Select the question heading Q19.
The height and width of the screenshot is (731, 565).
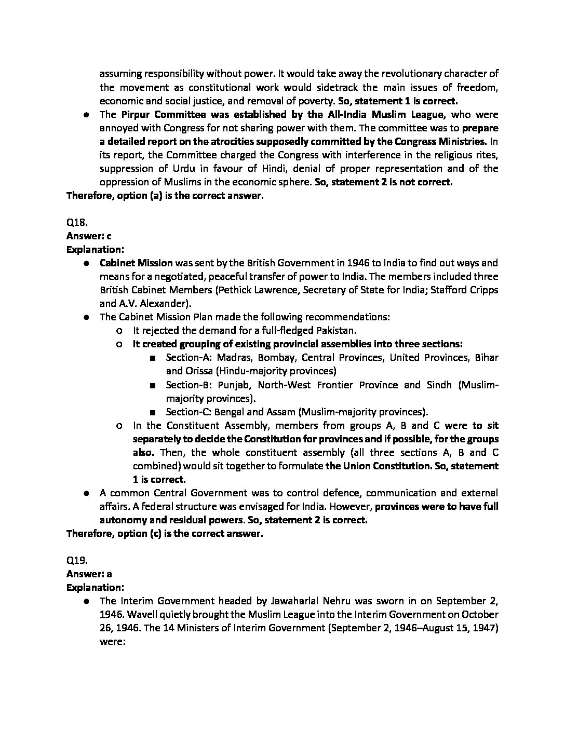(x=76, y=561)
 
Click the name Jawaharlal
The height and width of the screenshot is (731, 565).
(x=298, y=601)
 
